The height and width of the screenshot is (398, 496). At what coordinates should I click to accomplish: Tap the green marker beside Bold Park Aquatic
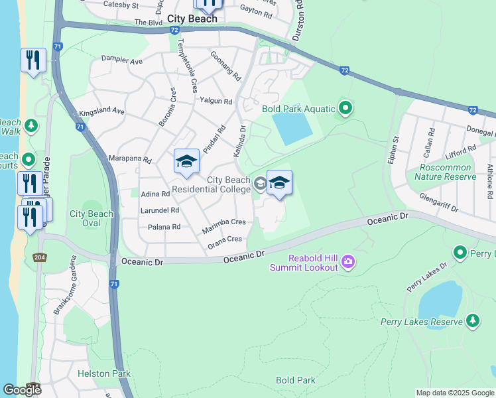[x=345, y=107]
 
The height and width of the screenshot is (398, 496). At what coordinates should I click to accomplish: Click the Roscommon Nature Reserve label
[x=446, y=172]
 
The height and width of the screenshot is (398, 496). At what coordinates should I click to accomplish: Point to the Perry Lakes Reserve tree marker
[x=472, y=322]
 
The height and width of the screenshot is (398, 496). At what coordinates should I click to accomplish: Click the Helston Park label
[x=103, y=374]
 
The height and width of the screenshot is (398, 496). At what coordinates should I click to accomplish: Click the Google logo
[x=22, y=390]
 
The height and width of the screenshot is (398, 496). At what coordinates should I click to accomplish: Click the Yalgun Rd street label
[x=216, y=101]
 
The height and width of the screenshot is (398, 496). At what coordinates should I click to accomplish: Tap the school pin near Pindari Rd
[x=186, y=161]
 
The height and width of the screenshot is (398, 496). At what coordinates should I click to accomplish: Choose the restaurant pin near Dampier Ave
[x=32, y=60]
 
